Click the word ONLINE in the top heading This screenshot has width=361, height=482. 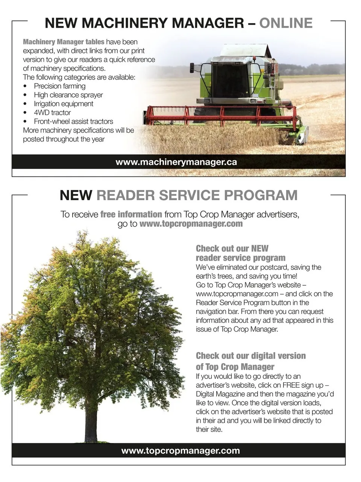pyautogui.click(x=286, y=23)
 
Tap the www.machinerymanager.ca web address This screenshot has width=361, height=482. pyautogui.click(x=176, y=162)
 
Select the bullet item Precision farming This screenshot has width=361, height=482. pyautogui.click(x=59, y=86)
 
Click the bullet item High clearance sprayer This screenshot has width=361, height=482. pyautogui.click(x=68, y=95)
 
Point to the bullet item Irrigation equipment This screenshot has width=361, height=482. pyautogui.click(x=63, y=104)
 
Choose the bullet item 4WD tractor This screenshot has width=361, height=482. pyautogui.click(x=52, y=113)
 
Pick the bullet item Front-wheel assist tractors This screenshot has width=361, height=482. pyautogui.click(x=73, y=122)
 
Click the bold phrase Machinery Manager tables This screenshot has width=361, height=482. pyautogui.click(x=64, y=42)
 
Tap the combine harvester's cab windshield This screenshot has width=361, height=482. pyautogui.click(x=230, y=80)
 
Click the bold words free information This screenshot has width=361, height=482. pyautogui.click(x=131, y=214)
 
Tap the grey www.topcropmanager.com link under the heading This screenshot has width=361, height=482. pyautogui.click(x=191, y=224)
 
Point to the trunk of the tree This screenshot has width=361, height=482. pyautogui.click(x=91, y=421)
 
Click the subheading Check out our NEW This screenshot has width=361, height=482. pyautogui.click(x=232, y=248)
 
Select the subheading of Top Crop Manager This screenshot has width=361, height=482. pyautogui.click(x=235, y=366)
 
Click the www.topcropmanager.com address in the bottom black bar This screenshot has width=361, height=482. pyautogui.click(x=180, y=451)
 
